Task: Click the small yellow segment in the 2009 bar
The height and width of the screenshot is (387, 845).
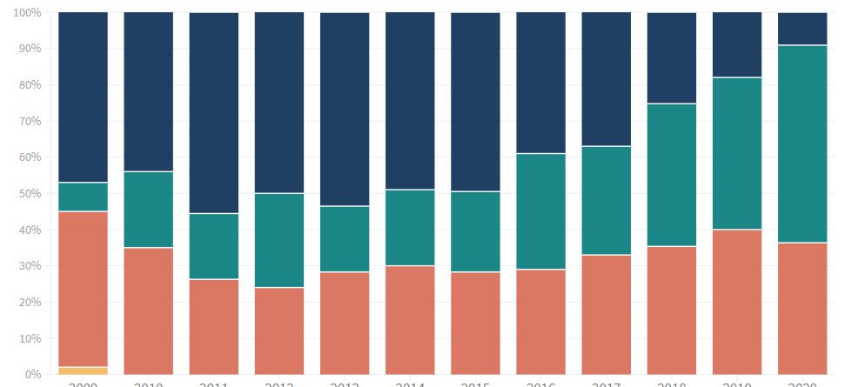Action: tap(83, 370)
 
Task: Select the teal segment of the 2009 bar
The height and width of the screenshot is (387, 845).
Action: tap(83, 197)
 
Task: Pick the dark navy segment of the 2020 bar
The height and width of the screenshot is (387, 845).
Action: tap(801, 29)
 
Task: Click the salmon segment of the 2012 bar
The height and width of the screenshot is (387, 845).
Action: tap(279, 330)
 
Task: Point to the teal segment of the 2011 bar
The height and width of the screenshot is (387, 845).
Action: tap(214, 246)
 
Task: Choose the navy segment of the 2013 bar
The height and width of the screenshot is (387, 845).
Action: tap(345, 109)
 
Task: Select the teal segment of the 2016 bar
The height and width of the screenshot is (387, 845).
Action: tap(540, 211)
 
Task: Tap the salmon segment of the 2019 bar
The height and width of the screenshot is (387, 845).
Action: tap(736, 302)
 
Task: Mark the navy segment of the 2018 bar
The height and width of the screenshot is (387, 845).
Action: tap(671, 58)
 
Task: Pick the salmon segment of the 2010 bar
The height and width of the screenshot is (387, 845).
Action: tap(148, 310)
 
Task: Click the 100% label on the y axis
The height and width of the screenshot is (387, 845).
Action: tap(27, 13)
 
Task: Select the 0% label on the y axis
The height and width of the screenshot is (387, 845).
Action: tap(32, 375)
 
